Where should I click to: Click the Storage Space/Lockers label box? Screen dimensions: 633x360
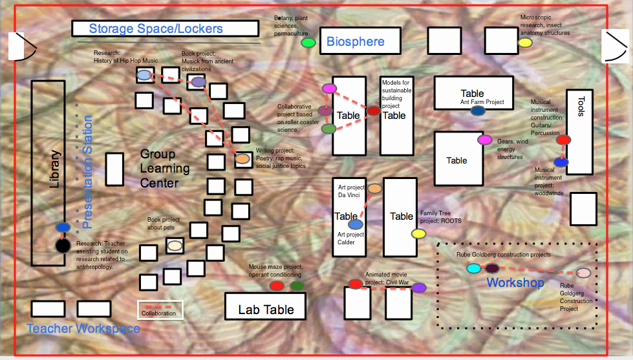coord(165,28)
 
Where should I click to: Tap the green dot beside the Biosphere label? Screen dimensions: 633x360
coord(308,43)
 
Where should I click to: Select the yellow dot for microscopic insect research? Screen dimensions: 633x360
coord(525,43)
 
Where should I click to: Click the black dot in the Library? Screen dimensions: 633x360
coord(62,246)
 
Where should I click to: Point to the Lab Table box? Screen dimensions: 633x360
coord(266,306)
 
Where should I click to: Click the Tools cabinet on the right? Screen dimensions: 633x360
coord(579,132)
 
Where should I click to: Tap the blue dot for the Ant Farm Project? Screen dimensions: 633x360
coord(478,111)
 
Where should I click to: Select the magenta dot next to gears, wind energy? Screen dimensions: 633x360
coord(484,140)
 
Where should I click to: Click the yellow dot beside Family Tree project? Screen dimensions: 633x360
coord(418,233)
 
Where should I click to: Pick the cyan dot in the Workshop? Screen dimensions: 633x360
coord(473,268)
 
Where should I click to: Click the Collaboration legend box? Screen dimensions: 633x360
coord(161,310)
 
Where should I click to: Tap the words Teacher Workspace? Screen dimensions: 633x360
coord(83,328)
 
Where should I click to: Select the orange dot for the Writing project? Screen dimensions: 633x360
coord(242,158)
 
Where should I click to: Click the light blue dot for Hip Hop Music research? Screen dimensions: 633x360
coord(144,75)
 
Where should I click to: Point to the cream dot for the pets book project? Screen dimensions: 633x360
coord(175,245)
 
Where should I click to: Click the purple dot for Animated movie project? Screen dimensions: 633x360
coord(420,288)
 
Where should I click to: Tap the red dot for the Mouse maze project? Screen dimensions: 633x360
coord(276,286)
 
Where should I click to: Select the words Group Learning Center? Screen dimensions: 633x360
coord(166,169)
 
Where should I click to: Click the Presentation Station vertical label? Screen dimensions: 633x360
coord(88,172)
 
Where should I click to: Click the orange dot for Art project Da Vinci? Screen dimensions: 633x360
coord(374,189)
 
